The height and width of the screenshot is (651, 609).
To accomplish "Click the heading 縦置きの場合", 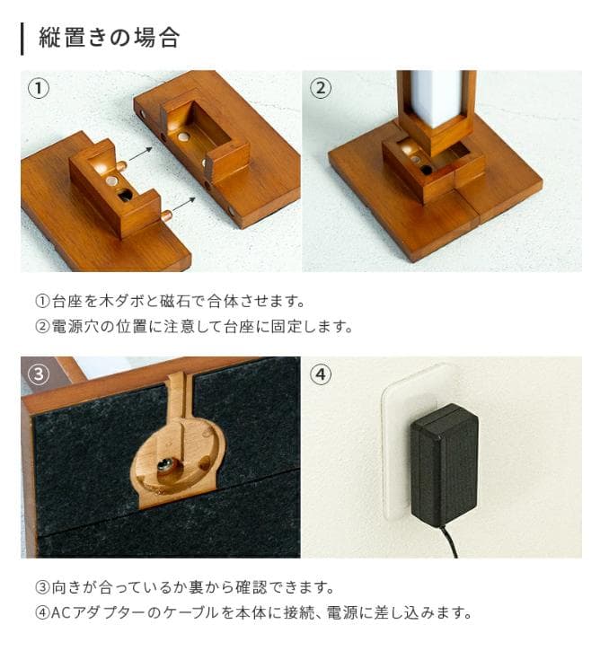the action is point(109,38).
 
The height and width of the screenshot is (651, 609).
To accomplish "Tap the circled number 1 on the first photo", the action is point(39,88).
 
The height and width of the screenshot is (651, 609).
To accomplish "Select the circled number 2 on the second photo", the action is point(321,88).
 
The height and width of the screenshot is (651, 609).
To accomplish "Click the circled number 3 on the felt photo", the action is point(39,374).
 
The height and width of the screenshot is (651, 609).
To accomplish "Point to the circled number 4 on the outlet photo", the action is point(321,374).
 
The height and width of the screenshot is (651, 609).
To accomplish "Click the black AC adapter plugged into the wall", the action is point(444,464).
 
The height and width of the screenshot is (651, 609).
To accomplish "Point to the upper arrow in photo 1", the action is point(141,154).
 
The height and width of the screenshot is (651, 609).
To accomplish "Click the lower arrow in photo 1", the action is point(184,204).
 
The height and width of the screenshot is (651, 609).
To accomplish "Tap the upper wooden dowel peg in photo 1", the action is point(121,166).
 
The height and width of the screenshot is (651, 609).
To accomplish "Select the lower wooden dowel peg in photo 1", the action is point(166,216).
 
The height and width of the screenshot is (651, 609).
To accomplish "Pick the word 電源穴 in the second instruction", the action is point(75,326).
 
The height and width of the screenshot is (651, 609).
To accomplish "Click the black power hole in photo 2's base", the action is point(427,170).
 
